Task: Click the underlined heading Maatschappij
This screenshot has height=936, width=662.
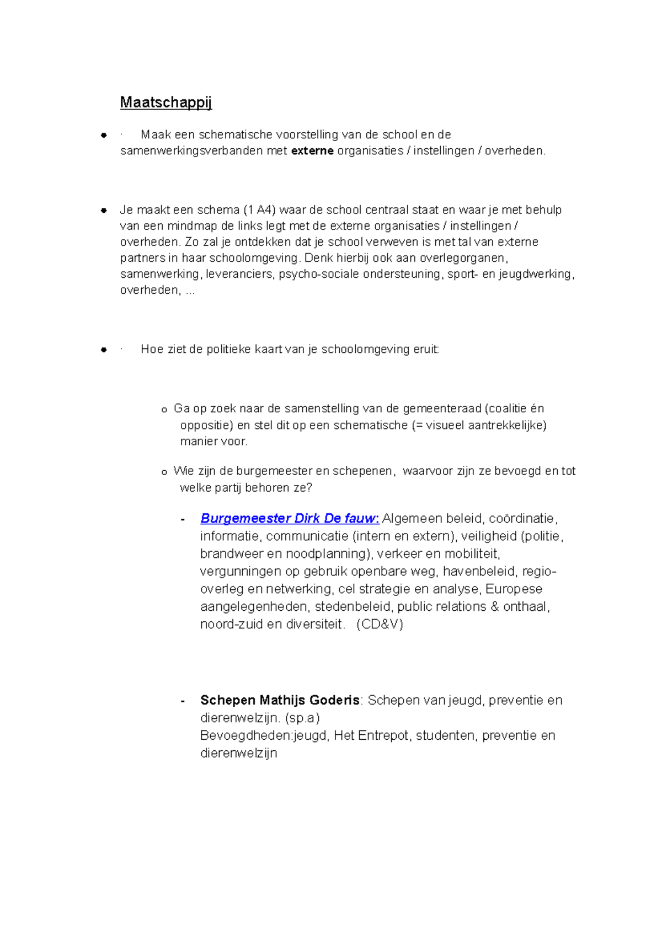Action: (165, 103)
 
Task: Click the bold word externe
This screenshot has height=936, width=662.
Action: (312, 151)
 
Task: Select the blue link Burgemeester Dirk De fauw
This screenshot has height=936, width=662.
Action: (289, 519)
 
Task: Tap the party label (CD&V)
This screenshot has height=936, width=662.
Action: (380, 625)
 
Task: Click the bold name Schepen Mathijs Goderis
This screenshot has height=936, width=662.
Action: (280, 701)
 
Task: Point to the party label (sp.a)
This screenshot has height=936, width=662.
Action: (302, 718)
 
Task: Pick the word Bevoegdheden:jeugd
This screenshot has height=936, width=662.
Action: (264, 736)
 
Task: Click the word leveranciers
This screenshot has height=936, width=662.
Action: (239, 274)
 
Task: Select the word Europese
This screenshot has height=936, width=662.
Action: (514, 589)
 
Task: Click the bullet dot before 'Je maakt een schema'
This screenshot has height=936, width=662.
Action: (103, 211)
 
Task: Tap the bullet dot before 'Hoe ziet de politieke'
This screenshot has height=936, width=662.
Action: (103, 350)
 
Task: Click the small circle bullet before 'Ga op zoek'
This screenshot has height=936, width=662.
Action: (164, 410)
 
